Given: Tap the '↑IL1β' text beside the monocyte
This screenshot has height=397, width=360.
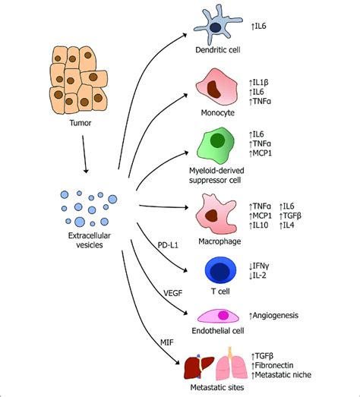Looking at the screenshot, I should tap(262, 80).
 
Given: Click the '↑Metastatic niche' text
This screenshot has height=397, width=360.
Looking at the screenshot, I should tap(283, 373).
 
